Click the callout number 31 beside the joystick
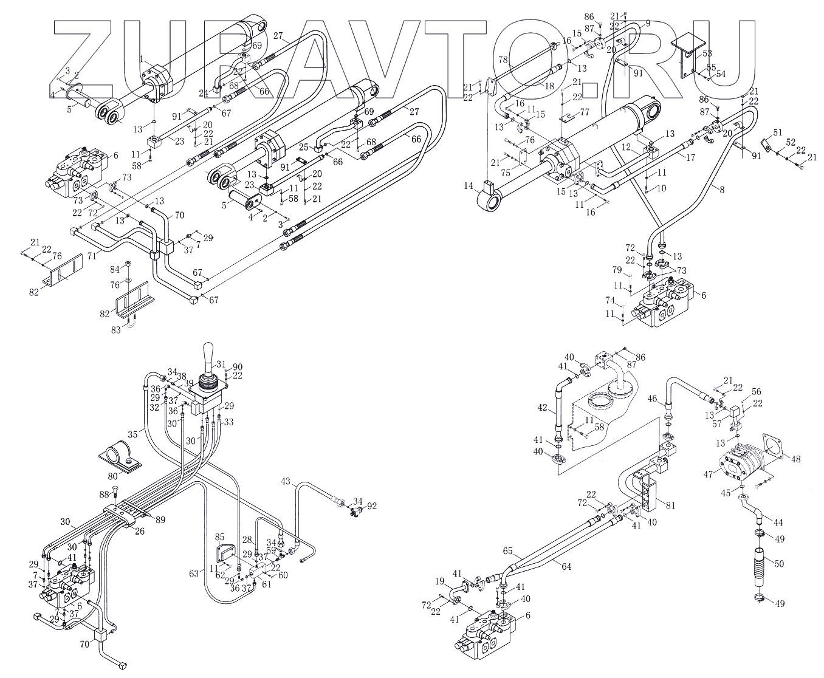220,365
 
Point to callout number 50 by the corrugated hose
778,564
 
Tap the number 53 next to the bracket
707,53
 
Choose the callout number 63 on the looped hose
194,572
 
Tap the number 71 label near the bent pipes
92,257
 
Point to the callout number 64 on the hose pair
566,567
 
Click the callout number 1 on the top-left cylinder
141,59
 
